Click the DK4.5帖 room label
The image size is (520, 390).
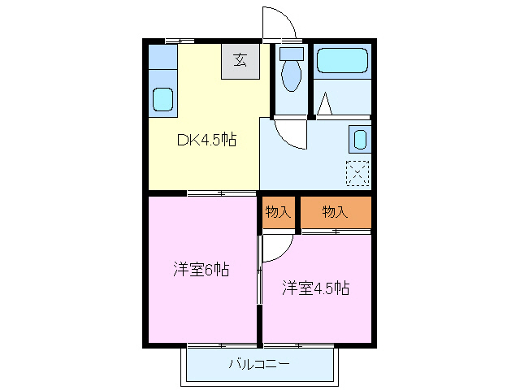pos(207,139)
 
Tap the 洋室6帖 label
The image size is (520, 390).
pos(201,269)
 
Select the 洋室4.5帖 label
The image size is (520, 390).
pos(315,288)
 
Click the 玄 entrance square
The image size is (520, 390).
pos(240,60)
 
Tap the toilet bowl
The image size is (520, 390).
pos(290,76)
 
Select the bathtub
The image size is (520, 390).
pos(342,61)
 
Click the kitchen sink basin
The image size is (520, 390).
pos(163,99)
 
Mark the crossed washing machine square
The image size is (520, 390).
pos(357,173)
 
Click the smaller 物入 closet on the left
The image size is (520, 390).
pos(278,212)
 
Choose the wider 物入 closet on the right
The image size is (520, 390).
pos(335,212)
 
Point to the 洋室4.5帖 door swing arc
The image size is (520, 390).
pos(275,248)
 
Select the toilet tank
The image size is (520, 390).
pos(290,54)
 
